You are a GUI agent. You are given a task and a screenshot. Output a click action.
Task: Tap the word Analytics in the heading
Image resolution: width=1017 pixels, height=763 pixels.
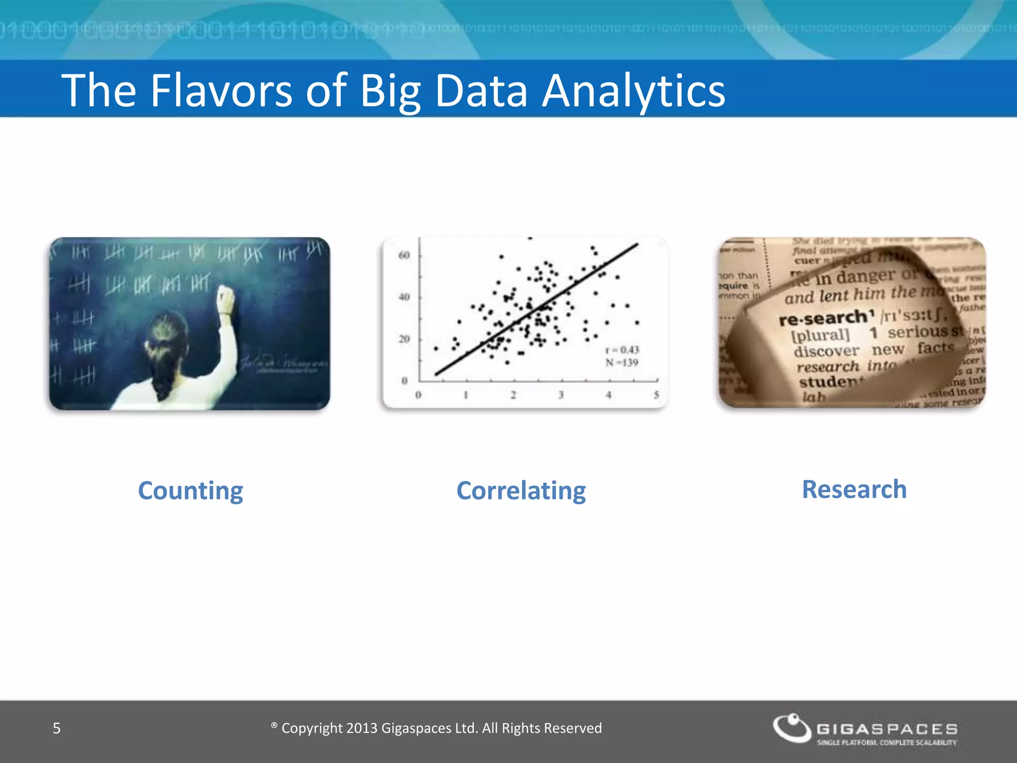[x=633, y=91]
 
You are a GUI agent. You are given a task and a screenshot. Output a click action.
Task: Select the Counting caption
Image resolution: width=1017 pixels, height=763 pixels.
[x=190, y=491]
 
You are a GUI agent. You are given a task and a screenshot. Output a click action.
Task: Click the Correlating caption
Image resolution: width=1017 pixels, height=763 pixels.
[x=521, y=491]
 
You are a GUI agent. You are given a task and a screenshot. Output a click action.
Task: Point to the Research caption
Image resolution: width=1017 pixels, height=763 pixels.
[x=854, y=489]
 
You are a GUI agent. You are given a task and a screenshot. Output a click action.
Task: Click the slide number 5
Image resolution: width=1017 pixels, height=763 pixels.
[x=57, y=728]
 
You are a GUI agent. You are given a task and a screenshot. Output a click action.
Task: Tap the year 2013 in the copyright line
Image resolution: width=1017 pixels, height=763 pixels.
[x=362, y=728]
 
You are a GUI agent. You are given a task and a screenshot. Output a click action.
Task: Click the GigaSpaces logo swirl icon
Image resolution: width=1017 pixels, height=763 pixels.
[x=792, y=729]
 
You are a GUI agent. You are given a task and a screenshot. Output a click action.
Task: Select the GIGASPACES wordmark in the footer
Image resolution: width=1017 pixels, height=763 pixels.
[x=887, y=729]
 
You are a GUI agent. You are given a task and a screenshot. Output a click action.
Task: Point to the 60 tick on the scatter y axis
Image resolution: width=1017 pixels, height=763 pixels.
[x=404, y=255]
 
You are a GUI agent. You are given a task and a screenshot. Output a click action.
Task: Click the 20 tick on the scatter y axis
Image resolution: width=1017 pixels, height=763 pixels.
[x=404, y=339]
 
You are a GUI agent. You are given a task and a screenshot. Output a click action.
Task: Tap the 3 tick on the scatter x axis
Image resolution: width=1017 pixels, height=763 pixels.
[x=561, y=395]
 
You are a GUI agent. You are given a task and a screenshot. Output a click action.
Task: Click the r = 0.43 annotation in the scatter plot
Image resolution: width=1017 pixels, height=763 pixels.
[x=622, y=350]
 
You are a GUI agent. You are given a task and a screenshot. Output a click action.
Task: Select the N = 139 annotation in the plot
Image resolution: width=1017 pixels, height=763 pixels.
[x=622, y=363]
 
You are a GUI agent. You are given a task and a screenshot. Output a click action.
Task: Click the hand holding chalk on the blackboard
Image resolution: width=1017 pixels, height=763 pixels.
[x=225, y=298]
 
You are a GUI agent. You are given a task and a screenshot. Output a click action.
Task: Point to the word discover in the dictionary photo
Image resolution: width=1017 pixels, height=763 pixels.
[x=826, y=351]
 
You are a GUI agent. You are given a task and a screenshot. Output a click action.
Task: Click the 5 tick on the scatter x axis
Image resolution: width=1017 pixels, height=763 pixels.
[x=656, y=395]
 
